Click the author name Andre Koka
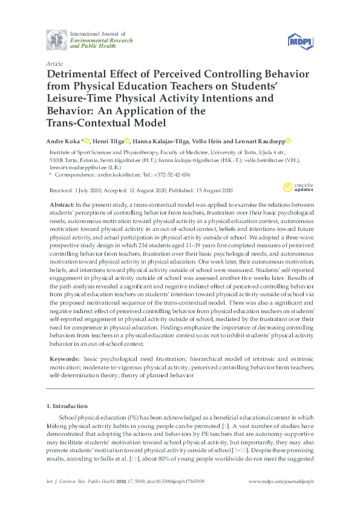[x=62, y=141]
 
